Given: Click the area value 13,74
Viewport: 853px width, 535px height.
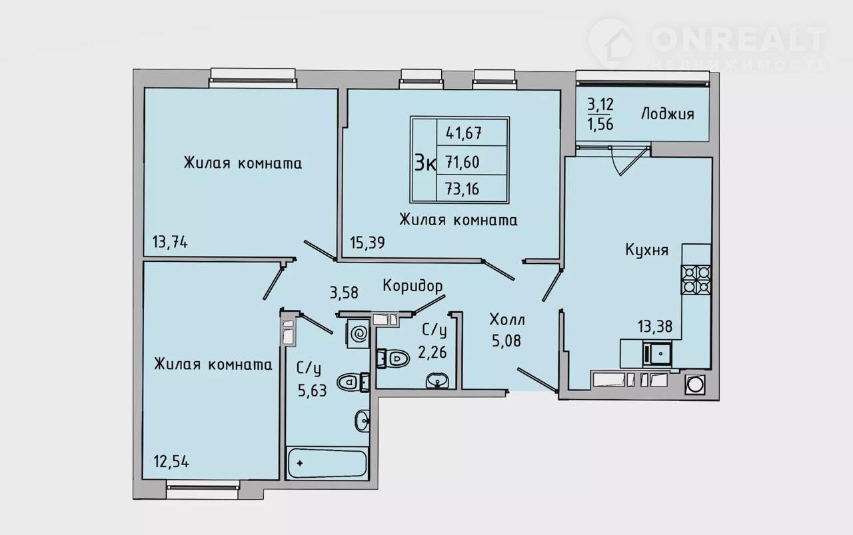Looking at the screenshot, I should (x=170, y=243).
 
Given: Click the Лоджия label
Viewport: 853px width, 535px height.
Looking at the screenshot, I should (x=667, y=114).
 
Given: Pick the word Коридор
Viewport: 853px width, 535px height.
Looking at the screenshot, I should (x=413, y=286).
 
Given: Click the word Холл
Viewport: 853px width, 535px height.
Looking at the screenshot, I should (x=506, y=318).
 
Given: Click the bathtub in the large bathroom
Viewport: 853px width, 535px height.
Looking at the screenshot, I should (x=327, y=462).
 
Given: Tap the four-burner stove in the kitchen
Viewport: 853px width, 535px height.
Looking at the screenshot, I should (x=696, y=279).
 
